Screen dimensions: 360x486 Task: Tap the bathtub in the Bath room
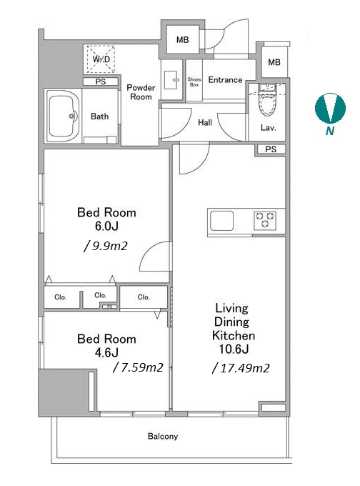coord(63,116)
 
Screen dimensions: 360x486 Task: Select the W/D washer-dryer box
coord(101,59)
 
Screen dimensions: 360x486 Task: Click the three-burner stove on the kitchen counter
coord(265,220)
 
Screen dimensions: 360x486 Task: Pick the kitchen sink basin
coord(221,221)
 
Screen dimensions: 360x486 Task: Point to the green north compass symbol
coord(330,109)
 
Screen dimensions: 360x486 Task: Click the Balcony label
coord(163,437)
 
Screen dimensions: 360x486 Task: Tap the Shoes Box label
coord(194,81)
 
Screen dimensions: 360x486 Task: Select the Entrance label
coord(225,80)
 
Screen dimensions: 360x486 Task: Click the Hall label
coord(205,123)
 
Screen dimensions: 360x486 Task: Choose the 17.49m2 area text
coord(241,368)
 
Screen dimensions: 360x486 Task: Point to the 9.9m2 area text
coord(106,246)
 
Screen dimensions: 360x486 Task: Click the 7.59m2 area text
coord(138,367)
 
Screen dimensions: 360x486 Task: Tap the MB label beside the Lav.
coord(274,62)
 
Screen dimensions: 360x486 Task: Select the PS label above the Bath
coord(101,81)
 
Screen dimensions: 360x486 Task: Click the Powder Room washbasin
coord(171,80)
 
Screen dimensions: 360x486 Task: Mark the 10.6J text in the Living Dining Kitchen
coord(234,349)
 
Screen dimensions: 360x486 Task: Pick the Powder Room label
coord(141,92)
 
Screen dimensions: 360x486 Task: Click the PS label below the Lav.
coord(271,149)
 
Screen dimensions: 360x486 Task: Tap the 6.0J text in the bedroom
coord(106,227)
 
